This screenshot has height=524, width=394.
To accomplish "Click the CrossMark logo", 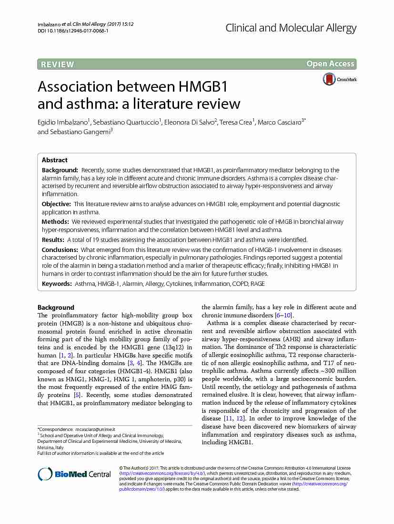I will [x=340, y=79].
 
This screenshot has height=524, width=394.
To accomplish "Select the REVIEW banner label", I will [x=57, y=64].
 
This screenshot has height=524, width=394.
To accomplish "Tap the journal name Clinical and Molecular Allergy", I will [x=291, y=28].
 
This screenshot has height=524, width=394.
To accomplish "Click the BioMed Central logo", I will [x=74, y=474].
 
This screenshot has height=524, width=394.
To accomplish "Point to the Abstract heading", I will [x=54, y=160].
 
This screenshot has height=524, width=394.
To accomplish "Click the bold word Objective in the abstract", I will [x=57, y=204].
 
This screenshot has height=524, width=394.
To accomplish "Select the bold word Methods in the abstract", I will [x=55, y=221].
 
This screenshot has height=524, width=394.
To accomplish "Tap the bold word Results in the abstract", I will [x=53, y=240].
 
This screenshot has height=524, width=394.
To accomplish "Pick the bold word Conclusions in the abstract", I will [x=60, y=250].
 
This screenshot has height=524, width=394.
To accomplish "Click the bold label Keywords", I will [x=57, y=283].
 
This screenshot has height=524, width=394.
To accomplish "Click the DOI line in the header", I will [x=72, y=31].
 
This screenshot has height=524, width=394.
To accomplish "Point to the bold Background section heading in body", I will [x=56, y=307].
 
